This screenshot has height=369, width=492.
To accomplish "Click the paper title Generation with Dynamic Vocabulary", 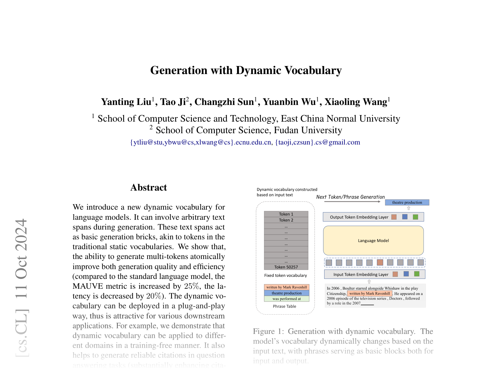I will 246,70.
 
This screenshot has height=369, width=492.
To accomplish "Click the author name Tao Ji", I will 173,102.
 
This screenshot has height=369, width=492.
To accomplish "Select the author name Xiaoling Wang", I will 356,102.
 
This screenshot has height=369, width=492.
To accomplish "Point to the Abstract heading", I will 148,188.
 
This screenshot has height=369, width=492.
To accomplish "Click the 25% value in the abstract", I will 192,286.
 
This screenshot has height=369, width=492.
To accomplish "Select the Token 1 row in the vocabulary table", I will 286,214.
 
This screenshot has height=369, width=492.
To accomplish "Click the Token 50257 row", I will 286,267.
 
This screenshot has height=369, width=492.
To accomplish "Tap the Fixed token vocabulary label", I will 285,276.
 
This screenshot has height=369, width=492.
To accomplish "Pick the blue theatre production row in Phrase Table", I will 286,293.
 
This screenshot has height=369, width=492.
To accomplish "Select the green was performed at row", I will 286,299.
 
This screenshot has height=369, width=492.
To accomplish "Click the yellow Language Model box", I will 373,241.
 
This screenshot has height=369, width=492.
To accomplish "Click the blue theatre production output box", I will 407,202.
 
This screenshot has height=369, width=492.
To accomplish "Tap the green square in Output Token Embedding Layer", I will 416,217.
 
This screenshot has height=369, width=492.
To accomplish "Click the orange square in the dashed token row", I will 380,262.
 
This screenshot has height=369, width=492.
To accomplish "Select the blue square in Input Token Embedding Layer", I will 406,274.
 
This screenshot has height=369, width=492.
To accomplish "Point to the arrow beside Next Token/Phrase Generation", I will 352,202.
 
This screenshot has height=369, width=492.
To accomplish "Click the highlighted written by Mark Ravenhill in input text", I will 369,293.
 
